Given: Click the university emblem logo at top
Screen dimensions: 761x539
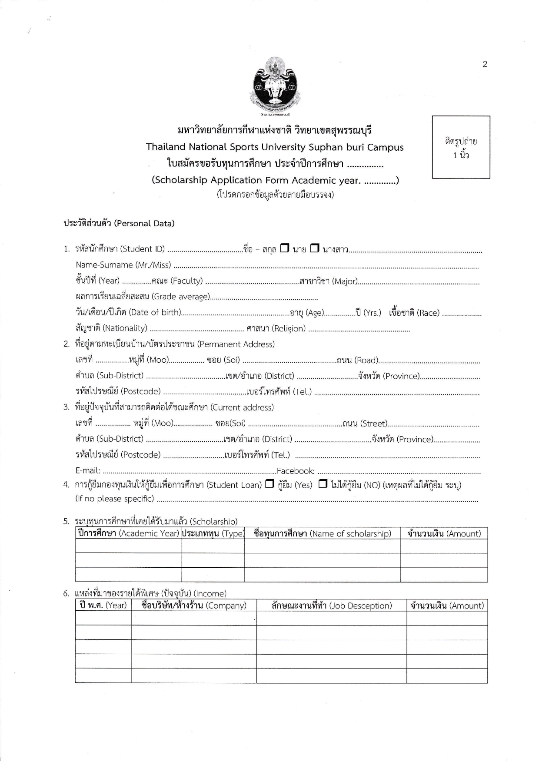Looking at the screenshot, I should [275, 86].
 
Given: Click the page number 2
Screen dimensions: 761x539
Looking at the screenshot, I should [485, 64].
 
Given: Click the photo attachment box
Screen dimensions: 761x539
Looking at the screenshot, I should [461, 147].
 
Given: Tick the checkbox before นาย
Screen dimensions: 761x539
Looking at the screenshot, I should [285, 248].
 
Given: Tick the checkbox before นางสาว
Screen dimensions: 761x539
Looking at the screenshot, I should [315, 248].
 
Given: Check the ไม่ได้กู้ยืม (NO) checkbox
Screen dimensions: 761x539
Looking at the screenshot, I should [323, 483].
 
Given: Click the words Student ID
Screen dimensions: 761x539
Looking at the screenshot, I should [143, 249].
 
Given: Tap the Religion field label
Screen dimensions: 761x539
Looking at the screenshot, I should [289, 328].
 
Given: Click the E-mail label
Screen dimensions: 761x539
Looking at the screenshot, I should [88, 471].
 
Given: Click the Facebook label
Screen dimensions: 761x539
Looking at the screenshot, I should [296, 471].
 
